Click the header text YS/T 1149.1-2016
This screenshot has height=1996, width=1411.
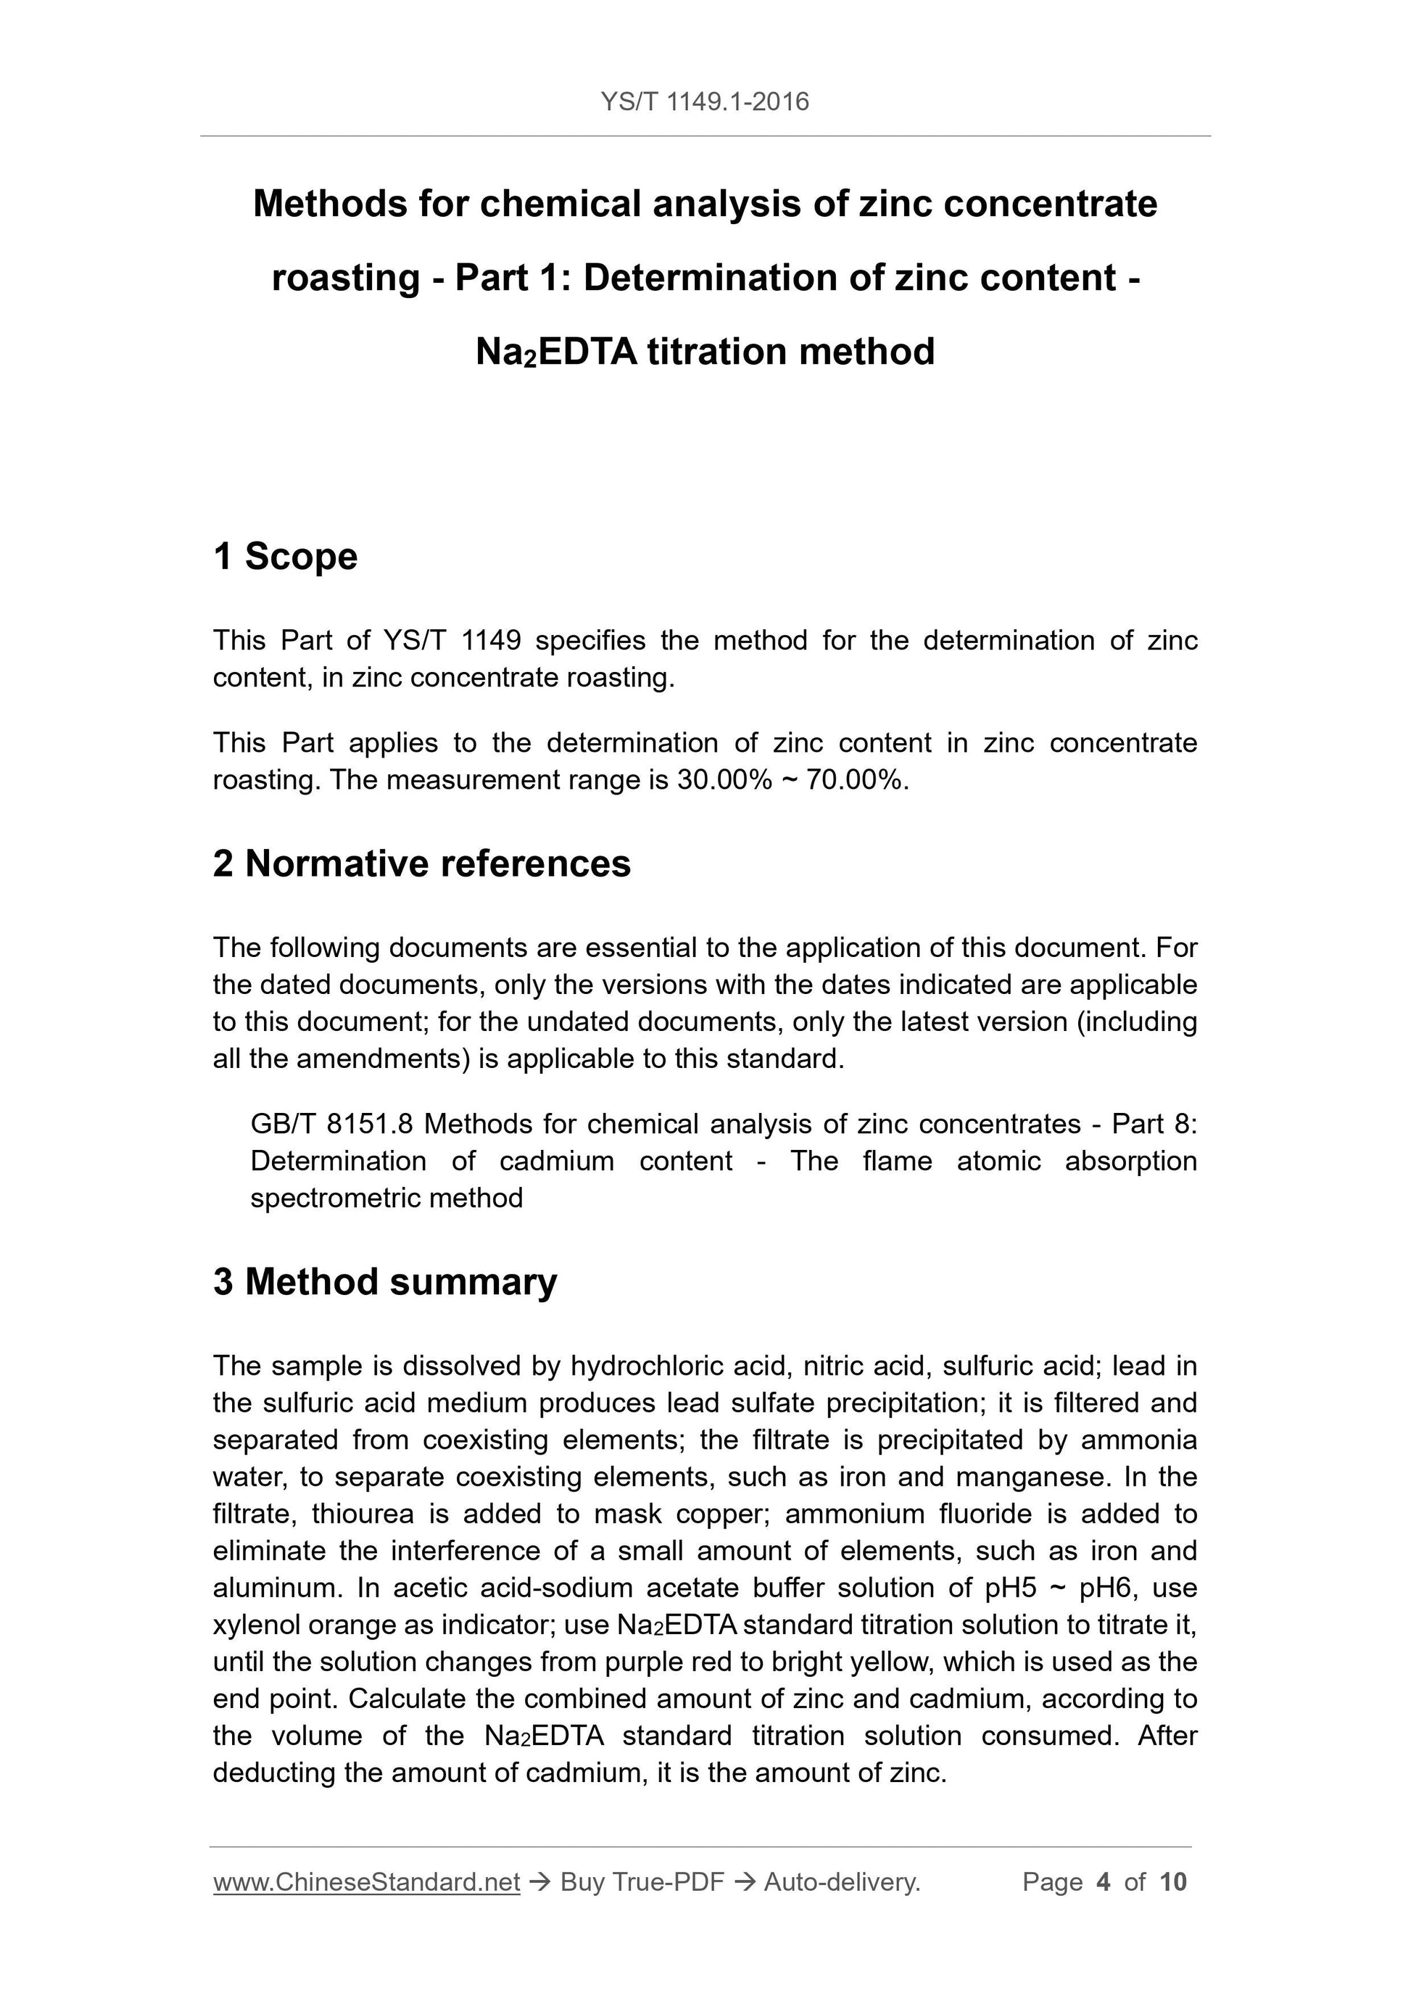[x=704, y=102]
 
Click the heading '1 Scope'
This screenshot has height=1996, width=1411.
[x=285, y=556]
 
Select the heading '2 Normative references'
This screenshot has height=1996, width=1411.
[x=422, y=864]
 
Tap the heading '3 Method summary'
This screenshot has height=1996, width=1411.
[x=384, y=1283]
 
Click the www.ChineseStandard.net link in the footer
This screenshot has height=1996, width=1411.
[x=366, y=1882]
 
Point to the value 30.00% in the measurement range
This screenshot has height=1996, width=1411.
[x=724, y=780]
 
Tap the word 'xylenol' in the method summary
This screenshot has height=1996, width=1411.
[x=260, y=1624]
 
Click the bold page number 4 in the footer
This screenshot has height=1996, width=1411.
[x=1104, y=1882]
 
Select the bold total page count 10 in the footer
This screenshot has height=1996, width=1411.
[x=1172, y=1882]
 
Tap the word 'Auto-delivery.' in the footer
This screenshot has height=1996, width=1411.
[x=842, y=1882]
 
